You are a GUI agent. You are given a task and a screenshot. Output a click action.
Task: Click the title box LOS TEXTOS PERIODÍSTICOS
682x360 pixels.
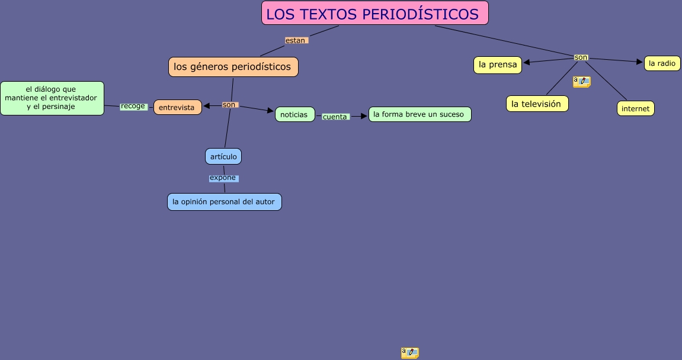tap(374, 13)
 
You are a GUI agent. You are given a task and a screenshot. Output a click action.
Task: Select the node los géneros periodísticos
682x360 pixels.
tap(233, 67)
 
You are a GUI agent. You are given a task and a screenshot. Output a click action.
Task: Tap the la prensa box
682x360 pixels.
tap(498, 65)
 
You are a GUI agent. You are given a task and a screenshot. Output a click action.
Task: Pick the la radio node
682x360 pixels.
tap(662, 63)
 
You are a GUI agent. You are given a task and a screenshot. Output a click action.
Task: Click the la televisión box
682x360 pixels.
tap(537, 104)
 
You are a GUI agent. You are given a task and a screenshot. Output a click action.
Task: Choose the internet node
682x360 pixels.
tap(635, 108)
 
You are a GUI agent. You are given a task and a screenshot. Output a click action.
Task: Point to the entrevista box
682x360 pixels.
tap(177, 107)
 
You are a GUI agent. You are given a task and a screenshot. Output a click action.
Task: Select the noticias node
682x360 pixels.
tap(294, 114)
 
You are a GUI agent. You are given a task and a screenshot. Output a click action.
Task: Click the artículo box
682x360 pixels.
tap(223, 156)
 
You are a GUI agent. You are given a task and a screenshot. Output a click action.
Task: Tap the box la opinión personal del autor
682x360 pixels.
tap(224, 201)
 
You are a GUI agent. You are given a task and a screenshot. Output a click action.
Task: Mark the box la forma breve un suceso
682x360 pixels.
tap(420, 114)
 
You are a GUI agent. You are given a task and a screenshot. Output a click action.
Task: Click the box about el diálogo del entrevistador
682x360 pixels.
tap(52, 98)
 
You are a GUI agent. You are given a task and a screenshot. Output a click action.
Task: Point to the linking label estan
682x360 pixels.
tap(296, 40)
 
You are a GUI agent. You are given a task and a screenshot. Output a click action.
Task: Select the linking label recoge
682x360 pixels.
tap(133, 107)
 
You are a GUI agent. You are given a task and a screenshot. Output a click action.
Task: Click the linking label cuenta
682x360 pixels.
tap(335, 117)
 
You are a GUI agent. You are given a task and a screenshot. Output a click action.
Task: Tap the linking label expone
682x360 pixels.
tap(223, 178)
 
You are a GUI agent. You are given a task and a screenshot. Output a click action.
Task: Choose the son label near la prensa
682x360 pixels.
tap(581, 57)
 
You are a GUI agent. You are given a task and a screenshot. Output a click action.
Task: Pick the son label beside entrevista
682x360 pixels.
tap(229, 105)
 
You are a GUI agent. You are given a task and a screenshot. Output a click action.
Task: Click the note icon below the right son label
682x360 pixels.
tap(581, 82)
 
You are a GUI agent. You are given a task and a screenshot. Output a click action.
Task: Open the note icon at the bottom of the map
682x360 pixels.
tap(409, 353)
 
